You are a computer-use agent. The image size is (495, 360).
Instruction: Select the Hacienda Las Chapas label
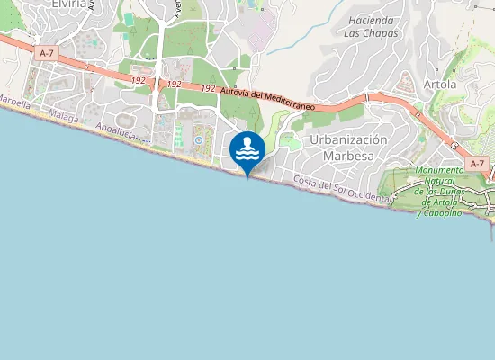[371, 25]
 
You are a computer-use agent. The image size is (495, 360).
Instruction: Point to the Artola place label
[440, 84]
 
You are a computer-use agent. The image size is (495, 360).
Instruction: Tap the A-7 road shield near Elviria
[48, 54]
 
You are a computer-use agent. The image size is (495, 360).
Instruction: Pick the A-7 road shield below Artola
[477, 163]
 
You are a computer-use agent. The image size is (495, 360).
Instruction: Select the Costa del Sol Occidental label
[343, 190]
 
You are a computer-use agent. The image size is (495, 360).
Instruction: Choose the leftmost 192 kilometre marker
[138, 80]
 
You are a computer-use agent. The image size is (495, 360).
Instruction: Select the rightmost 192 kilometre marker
[208, 88]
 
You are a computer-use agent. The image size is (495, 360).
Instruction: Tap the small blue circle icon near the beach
[197, 140]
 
